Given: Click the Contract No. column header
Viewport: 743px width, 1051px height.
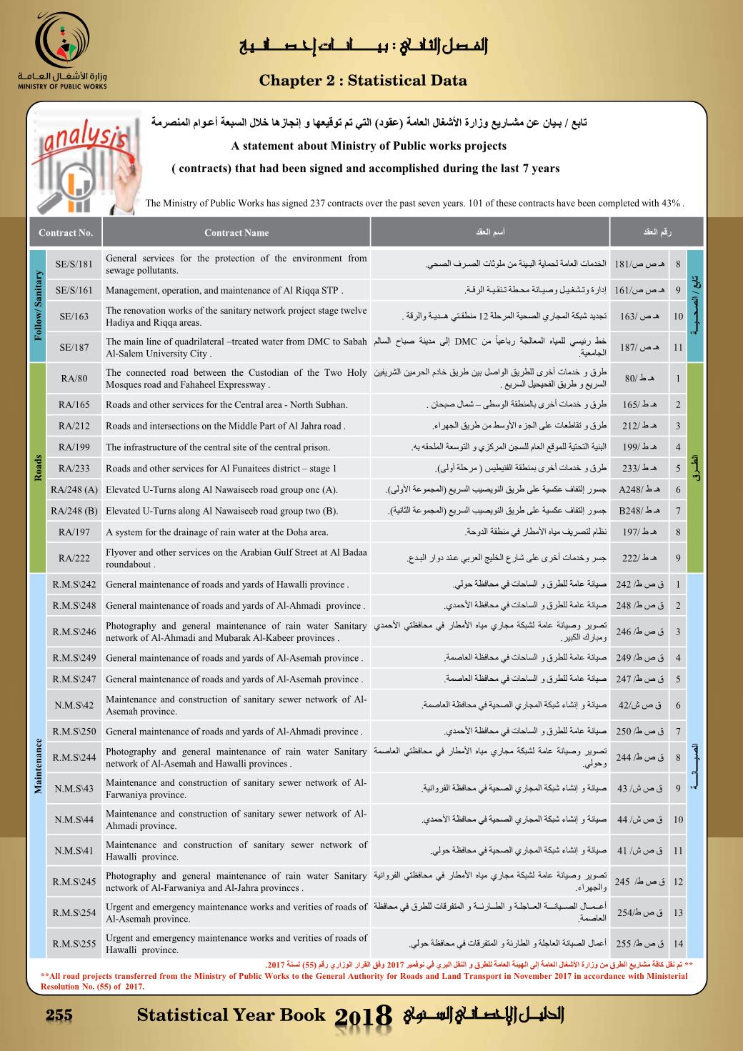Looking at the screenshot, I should (x=66, y=232).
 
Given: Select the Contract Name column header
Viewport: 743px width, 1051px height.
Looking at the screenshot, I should (x=236, y=232).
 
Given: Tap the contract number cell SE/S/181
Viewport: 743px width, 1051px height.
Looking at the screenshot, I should (x=74, y=264).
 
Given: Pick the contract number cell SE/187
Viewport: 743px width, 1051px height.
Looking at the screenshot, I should (x=74, y=347).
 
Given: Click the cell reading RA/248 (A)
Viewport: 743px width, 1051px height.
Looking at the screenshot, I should (x=74, y=490).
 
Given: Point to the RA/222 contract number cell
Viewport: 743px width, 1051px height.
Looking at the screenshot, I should (x=74, y=558).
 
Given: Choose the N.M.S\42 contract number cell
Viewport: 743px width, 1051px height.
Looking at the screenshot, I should (x=74, y=705).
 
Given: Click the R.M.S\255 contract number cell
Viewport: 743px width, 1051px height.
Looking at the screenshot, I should (x=74, y=944).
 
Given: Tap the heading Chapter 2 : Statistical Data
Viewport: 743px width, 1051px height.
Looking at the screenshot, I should (x=363, y=81).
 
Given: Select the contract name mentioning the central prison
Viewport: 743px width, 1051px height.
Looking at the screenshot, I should (x=218, y=447).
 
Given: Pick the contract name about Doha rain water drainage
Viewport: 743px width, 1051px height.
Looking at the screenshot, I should (x=217, y=532).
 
